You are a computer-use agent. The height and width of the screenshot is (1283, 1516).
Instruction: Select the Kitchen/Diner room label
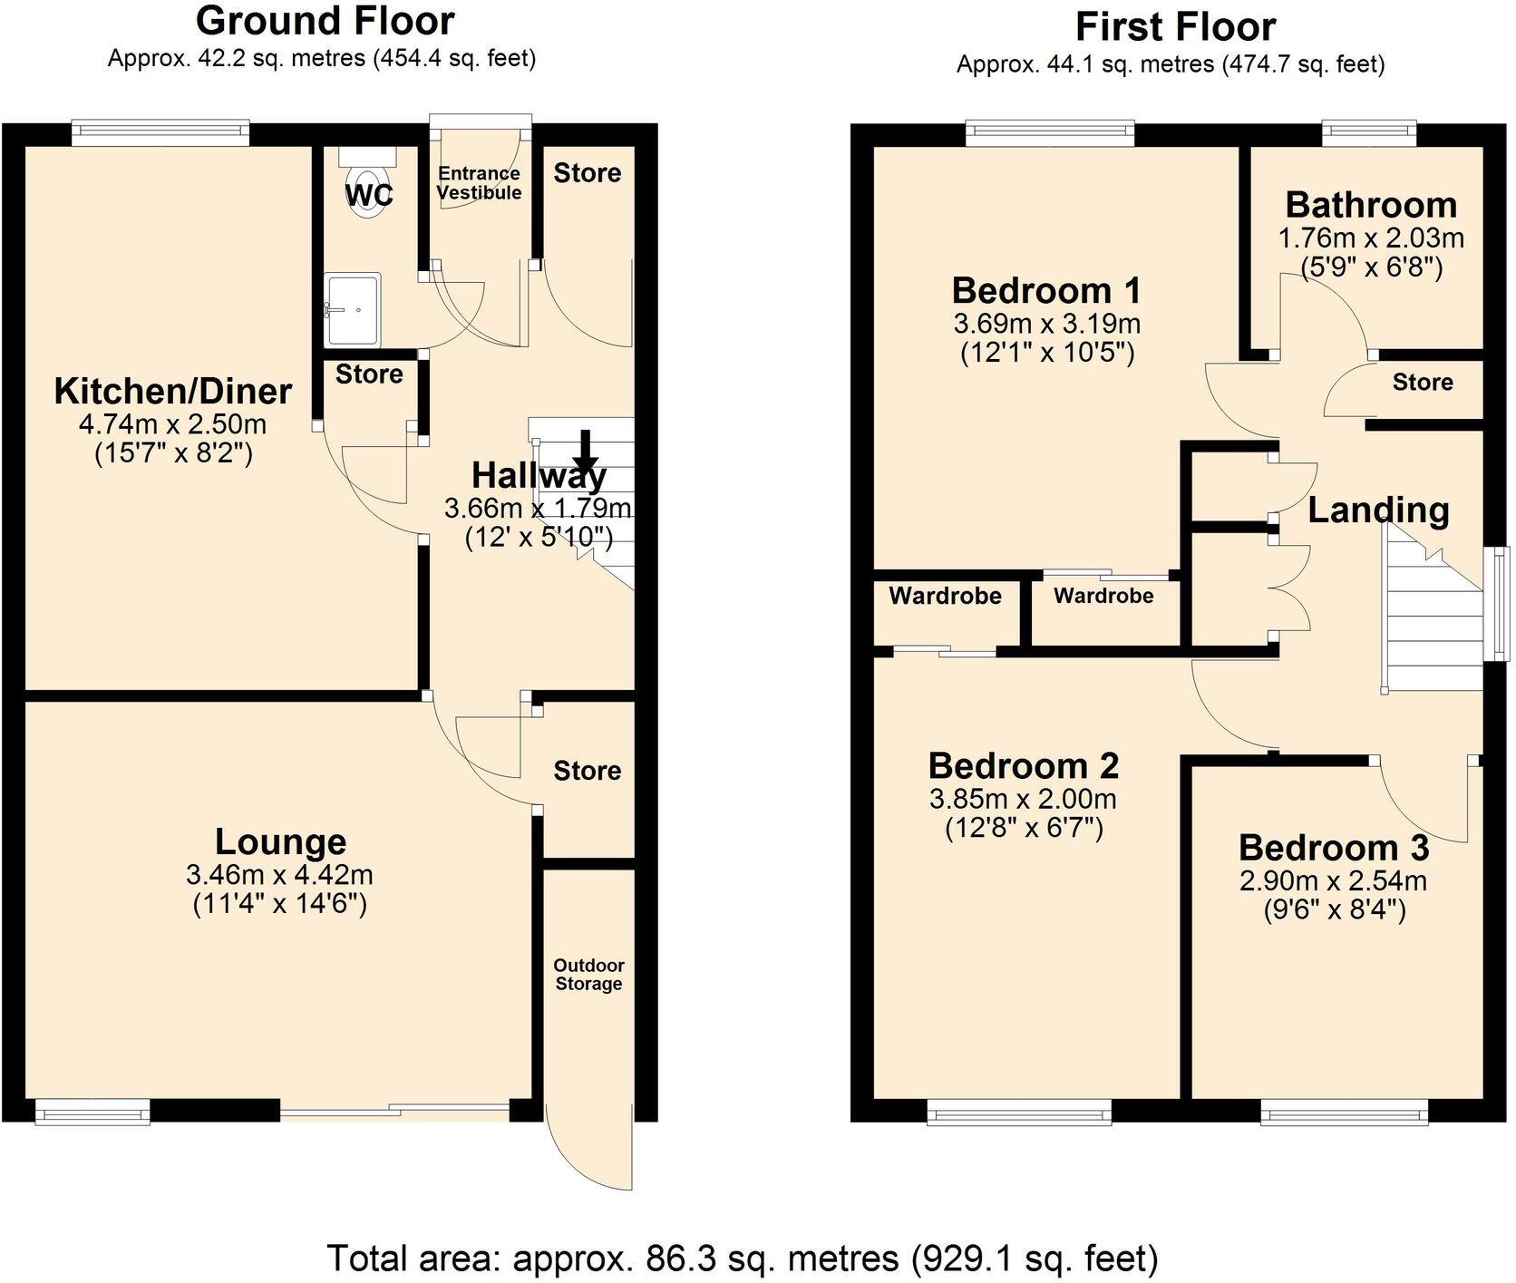click(x=173, y=392)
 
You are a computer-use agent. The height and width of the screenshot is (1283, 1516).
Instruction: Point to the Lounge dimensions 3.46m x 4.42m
click(x=279, y=875)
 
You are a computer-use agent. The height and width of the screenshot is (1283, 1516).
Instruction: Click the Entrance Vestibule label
click(x=479, y=183)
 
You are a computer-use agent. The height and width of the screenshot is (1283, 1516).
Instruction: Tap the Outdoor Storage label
click(x=588, y=975)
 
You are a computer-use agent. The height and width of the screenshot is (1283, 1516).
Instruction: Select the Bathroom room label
click(x=1371, y=205)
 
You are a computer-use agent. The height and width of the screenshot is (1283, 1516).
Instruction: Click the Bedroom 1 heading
click(x=1045, y=291)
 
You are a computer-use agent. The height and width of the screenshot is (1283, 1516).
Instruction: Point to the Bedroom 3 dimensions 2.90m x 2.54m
click(x=1333, y=880)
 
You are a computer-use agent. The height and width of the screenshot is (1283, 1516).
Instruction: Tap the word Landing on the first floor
click(x=1378, y=510)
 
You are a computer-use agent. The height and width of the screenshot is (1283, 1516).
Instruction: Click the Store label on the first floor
click(x=1422, y=383)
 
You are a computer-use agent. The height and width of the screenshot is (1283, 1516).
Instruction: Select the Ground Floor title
click(x=325, y=20)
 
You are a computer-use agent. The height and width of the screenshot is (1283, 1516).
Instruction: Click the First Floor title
click(x=1175, y=27)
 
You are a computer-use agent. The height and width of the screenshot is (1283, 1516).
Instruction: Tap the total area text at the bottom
click(x=742, y=1259)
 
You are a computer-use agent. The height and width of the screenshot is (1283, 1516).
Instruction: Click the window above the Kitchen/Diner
click(x=160, y=133)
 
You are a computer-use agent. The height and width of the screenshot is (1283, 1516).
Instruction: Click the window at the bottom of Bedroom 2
click(x=1018, y=1112)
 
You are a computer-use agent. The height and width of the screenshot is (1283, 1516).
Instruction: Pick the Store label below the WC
click(x=369, y=374)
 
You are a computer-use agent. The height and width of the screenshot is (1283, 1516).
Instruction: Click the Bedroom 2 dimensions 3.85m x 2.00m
click(x=1023, y=799)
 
